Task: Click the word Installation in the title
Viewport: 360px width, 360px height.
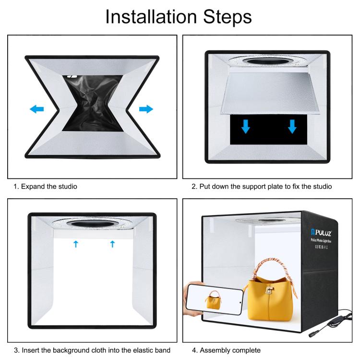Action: tap(151, 17)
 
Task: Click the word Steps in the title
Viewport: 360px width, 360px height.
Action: tap(228, 17)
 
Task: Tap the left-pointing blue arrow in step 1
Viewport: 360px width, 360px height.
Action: tap(37, 109)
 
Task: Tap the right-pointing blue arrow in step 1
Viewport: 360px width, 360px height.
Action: tap(146, 109)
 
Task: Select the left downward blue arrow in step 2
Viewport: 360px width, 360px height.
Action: tap(246, 127)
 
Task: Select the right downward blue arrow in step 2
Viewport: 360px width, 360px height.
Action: tap(292, 127)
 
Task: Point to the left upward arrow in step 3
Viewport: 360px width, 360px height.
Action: tap(76, 244)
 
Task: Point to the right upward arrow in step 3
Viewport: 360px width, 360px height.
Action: tap(112, 244)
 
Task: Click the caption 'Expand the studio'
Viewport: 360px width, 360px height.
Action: tap(49, 186)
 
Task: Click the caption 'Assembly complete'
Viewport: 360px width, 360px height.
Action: tap(230, 350)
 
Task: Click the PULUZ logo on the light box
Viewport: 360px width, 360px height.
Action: tap(321, 233)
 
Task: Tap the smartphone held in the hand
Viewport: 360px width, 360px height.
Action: tap(214, 299)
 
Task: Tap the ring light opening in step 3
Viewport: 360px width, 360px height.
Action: tap(92, 224)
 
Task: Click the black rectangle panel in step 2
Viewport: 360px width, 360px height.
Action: tap(268, 130)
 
